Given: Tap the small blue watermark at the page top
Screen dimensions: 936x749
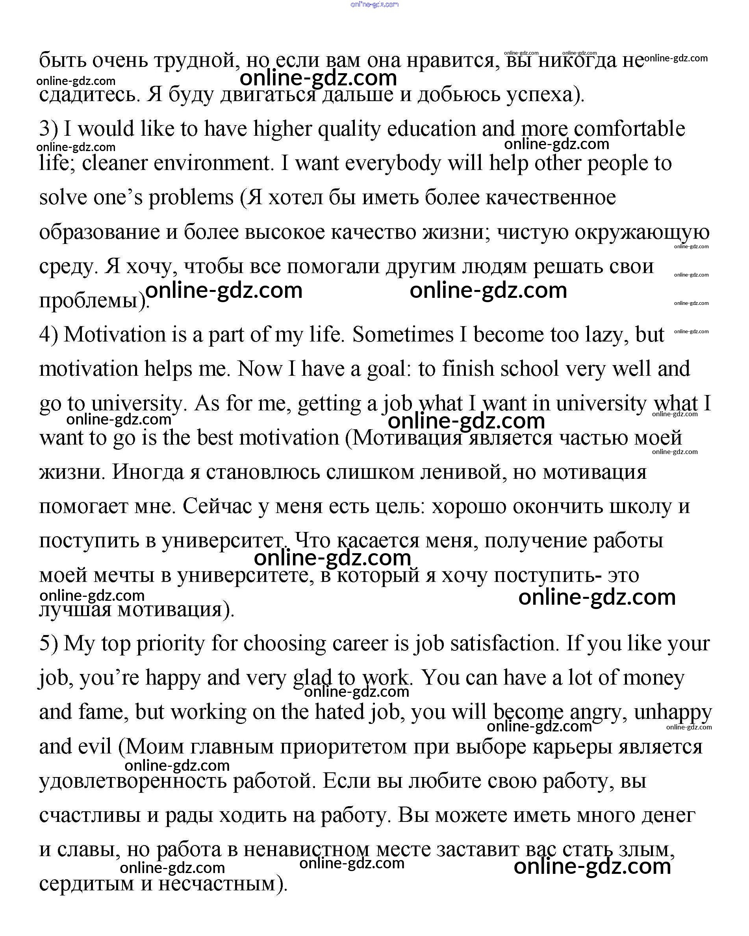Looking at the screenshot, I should click(374, 4).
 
